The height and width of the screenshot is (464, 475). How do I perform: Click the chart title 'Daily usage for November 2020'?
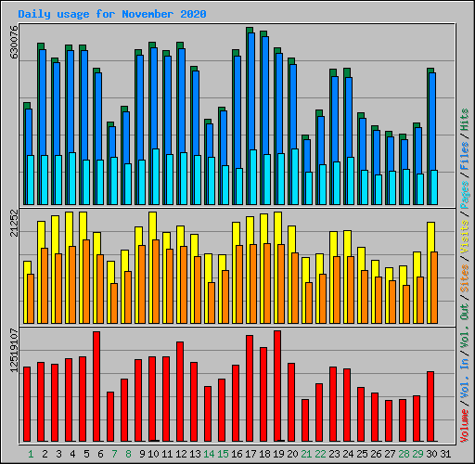tap(112, 15)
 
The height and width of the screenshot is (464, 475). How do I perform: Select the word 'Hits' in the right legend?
tap(465, 118)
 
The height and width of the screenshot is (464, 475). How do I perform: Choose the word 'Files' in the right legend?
tap(465, 158)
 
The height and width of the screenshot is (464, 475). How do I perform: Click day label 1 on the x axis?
tap(31, 454)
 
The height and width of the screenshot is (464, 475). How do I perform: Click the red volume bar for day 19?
tap(277, 386)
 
